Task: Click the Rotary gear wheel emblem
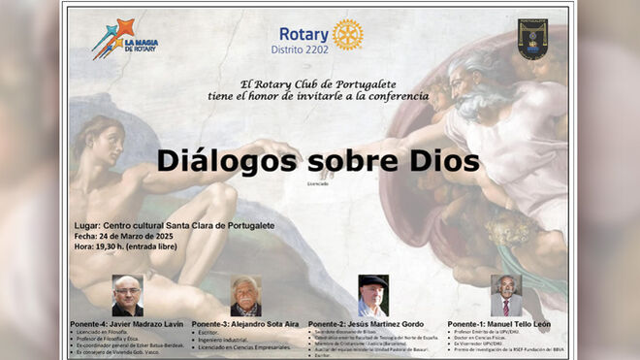click(x=347, y=34)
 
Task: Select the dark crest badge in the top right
click(x=531, y=39)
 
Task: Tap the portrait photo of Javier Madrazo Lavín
click(x=127, y=296)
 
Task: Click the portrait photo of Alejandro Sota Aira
click(x=246, y=296)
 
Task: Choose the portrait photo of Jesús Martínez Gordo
click(x=372, y=296)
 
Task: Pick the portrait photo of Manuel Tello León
click(x=505, y=294)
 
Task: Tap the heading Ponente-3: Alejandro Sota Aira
click(x=246, y=323)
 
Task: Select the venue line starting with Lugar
click(x=174, y=225)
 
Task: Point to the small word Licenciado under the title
click(x=317, y=183)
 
